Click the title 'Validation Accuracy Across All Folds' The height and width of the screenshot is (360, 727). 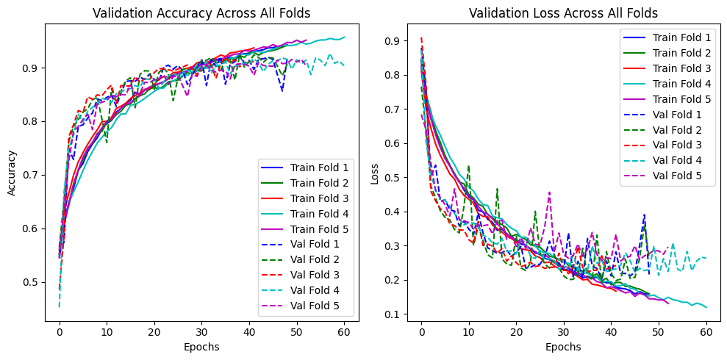[x=201, y=12]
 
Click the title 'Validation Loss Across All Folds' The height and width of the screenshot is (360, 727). [x=563, y=12]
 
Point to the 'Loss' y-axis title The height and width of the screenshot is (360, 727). [x=376, y=174]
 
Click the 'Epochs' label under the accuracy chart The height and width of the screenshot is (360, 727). [x=201, y=346]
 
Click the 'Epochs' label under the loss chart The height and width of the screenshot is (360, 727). [x=563, y=346]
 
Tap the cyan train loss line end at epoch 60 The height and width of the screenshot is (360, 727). [x=706, y=307]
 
